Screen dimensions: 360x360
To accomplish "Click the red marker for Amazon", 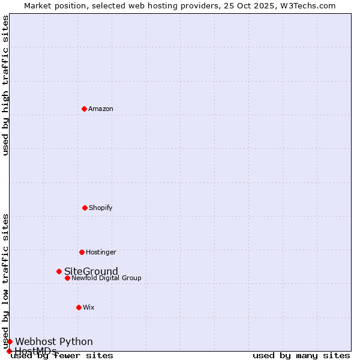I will coord(84,109).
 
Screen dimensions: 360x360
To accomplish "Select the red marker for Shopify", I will coord(85,208).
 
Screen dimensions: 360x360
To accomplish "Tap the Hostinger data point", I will coord(82,252).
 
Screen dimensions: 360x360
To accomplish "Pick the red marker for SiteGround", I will coord(59,271).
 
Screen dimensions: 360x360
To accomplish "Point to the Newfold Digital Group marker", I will coord(67,278).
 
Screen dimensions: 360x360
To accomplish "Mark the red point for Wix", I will coord(79,307).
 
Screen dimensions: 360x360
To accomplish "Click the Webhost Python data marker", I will coord(10,341).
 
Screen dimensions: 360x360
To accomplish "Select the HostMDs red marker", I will coord(9,351).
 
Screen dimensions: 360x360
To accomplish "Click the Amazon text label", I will coord(101,109).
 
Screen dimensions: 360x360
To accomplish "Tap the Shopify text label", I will coord(101,208).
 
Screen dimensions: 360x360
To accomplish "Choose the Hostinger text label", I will coord(101,252).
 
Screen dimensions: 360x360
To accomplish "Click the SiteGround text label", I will coord(91,271).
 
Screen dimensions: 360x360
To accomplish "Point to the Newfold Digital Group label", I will coord(107,278).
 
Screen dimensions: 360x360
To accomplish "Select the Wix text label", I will coord(89,307).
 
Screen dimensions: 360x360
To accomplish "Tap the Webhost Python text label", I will coord(54,341).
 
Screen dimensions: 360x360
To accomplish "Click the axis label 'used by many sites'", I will coord(301,356).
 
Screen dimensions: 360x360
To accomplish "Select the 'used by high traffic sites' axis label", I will coord(6,85).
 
